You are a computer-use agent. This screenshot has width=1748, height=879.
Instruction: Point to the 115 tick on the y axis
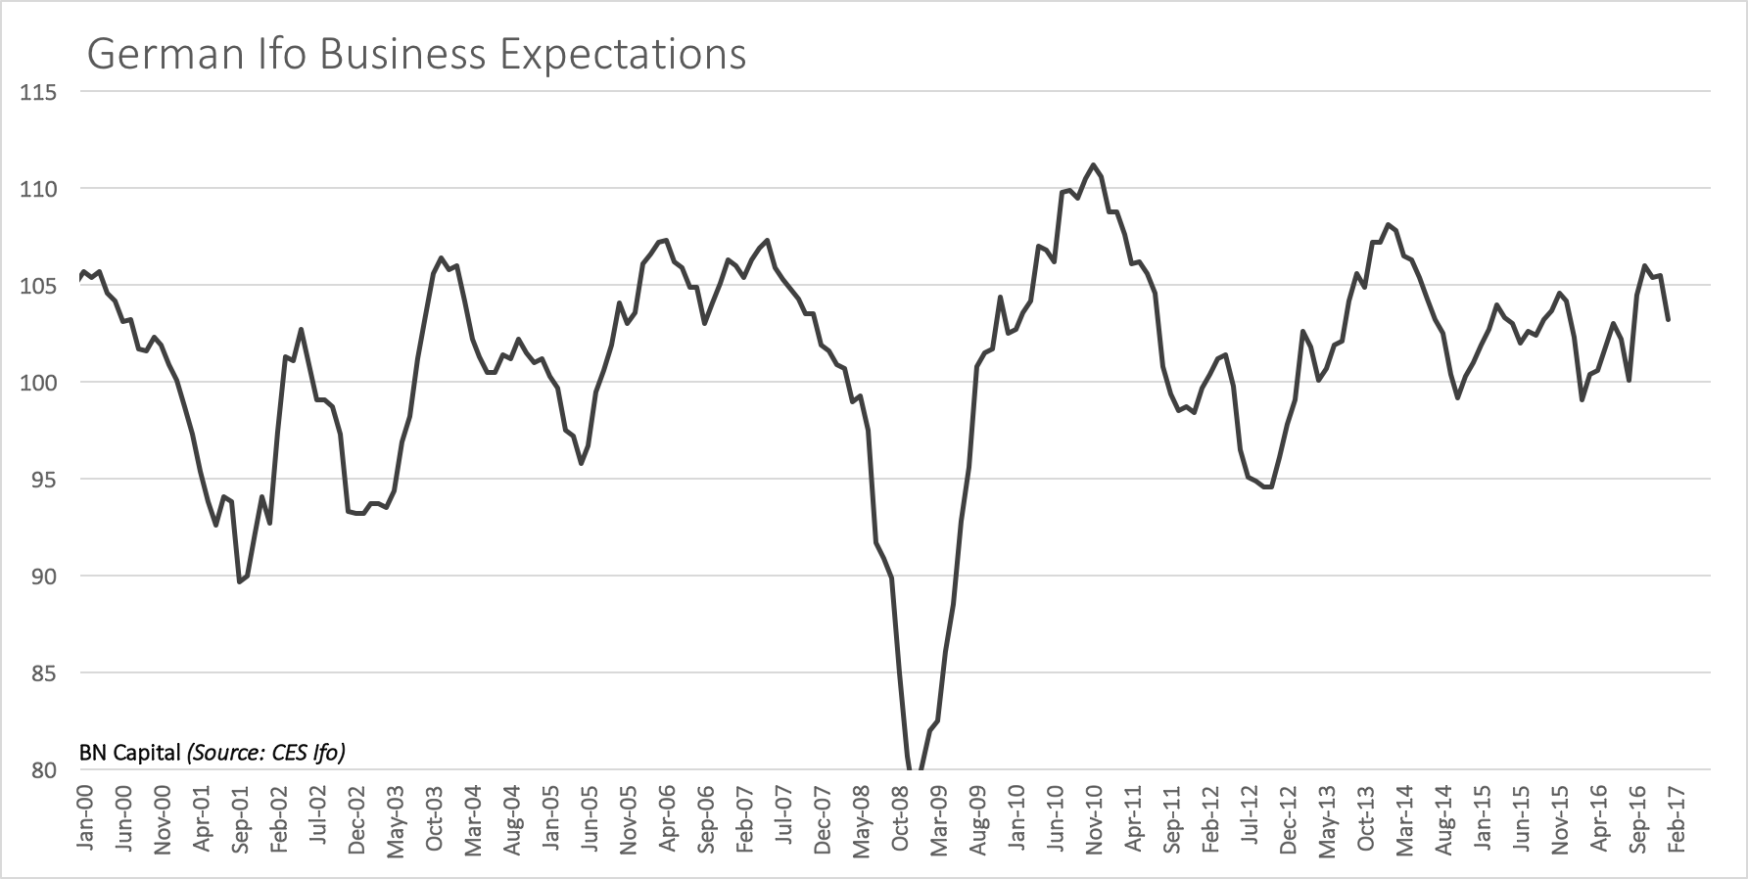click(39, 92)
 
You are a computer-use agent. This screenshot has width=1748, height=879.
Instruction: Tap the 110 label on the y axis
click(39, 188)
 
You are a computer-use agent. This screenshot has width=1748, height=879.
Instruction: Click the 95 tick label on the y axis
click(43, 479)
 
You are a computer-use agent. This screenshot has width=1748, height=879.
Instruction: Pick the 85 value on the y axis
click(43, 673)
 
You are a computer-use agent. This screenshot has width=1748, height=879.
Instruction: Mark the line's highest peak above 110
click(1093, 164)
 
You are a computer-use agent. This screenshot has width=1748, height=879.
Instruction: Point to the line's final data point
click(1668, 319)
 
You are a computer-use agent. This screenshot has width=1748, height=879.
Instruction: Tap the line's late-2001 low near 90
click(240, 582)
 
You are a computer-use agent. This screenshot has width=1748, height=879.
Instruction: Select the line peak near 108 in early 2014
click(1388, 224)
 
